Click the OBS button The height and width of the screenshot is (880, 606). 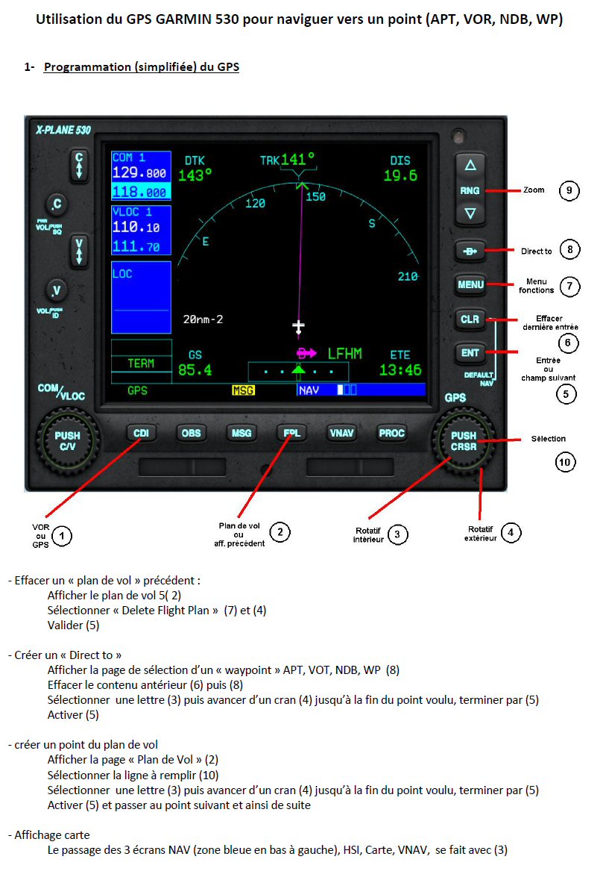coord(191,433)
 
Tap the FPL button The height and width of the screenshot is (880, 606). coord(292,433)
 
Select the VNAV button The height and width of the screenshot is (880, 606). coord(341,433)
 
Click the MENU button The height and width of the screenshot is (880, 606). coord(470,284)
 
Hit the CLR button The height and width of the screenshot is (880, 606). coord(470,319)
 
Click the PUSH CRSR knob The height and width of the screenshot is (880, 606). coord(464,441)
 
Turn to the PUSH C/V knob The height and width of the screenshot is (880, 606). coord(67,441)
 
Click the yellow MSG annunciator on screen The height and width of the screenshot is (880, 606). coord(243,390)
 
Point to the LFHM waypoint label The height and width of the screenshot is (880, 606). coord(345,354)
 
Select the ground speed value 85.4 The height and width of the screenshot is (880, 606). coord(195,370)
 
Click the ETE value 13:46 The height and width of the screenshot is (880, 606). coord(400,370)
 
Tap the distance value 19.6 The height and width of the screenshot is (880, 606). coord(400,175)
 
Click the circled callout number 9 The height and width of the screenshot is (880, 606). coord(569,190)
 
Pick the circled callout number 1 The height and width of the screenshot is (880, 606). coord(62,536)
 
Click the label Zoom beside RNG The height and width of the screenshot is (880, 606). coord(534,190)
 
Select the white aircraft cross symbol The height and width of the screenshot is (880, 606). coord(298,327)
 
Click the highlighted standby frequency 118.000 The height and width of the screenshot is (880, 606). coord(139,192)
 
